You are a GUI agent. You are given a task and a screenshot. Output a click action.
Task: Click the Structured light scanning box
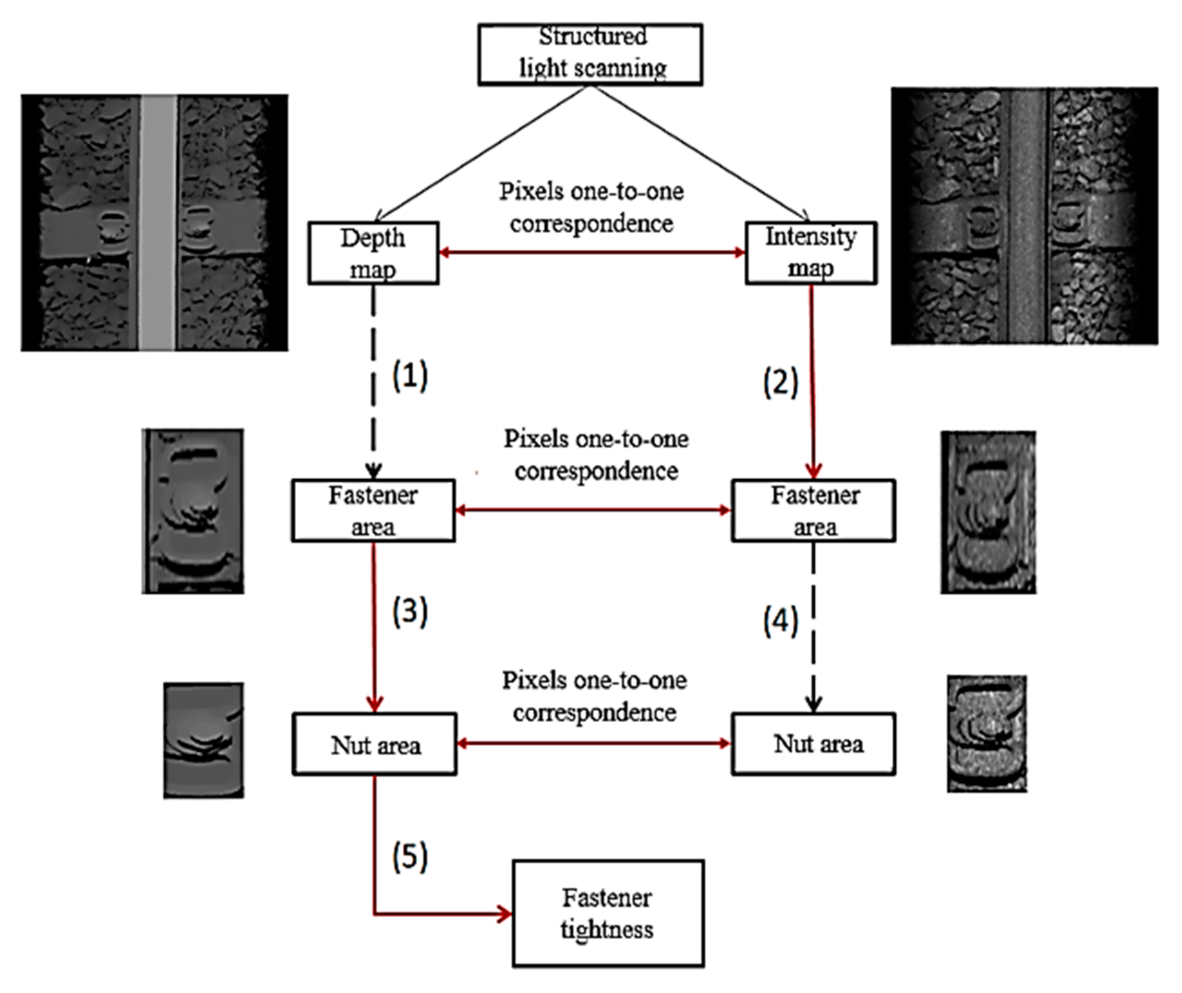click(590, 54)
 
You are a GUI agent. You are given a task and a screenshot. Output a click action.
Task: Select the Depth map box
click(373, 253)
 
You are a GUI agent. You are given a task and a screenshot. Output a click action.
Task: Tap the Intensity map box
click(810, 253)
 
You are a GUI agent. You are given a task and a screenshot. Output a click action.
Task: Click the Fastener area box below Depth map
click(373, 511)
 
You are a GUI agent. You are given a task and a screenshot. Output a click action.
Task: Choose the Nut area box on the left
click(374, 744)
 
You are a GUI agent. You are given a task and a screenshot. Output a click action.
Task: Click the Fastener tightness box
click(608, 913)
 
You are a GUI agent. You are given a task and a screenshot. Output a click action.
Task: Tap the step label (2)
click(781, 383)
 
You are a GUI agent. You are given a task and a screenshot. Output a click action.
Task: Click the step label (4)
click(781, 622)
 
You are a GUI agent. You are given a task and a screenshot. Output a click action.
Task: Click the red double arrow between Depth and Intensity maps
click(591, 253)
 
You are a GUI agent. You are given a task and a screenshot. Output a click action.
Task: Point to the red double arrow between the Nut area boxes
click(594, 744)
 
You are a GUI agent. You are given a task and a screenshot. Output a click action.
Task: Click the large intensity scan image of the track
click(1024, 216)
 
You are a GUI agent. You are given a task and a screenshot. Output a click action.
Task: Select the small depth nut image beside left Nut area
click(203, 740)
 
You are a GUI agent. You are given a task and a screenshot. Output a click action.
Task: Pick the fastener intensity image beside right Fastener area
click(988, 512)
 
